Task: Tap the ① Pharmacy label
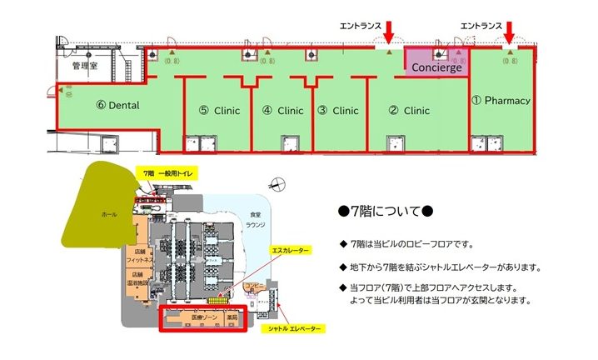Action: [x=501, y=101]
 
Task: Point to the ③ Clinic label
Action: [x=337, y=110]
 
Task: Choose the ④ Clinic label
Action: [x=282, y=110]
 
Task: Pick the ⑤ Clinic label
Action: [x=219, y=110]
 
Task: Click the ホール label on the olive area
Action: [x=109, y=215]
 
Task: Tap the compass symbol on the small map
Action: [x=277, y=182]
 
